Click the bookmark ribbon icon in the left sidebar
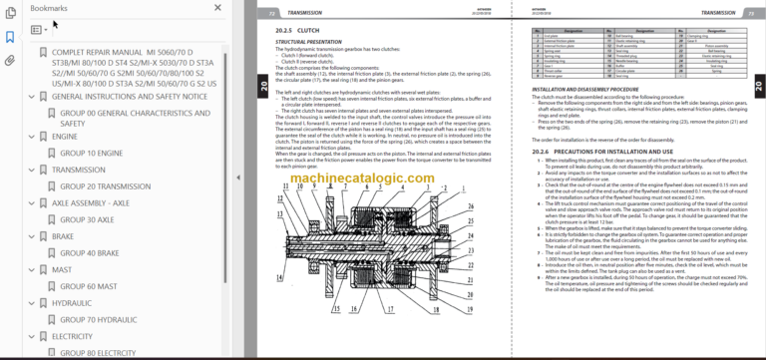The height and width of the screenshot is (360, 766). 10,37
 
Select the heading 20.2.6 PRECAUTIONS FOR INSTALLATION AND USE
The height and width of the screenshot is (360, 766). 599,151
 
